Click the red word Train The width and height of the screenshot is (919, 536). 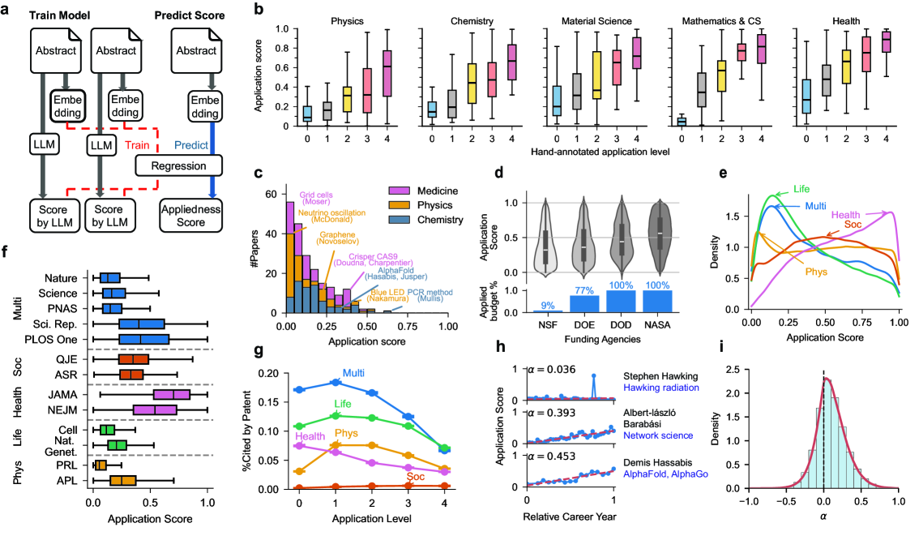[x=135, y=146]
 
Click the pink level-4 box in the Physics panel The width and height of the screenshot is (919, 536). [x=386, y=74]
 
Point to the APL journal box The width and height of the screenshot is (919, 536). [x=122, y=480]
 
